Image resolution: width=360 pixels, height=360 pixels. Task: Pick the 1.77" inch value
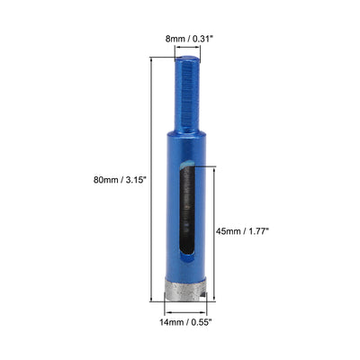pyautogui.click(x=256, y=229)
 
